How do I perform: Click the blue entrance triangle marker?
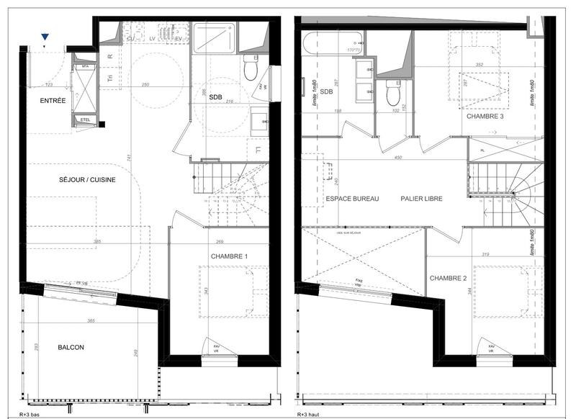click(45, 37)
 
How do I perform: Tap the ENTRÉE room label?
click(53, 101)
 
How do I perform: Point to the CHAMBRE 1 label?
click(229, 256)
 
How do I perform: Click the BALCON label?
click(71, 348)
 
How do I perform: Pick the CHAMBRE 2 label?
click(448, 279)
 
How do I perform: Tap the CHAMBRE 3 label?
click(484, 116)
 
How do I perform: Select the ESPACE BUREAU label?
click(351, 198)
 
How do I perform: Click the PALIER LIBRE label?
click(422, 198)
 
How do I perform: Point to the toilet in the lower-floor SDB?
click(251, 68)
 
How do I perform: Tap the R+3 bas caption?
click(30, 415)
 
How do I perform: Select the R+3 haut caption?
click(310, 415)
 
